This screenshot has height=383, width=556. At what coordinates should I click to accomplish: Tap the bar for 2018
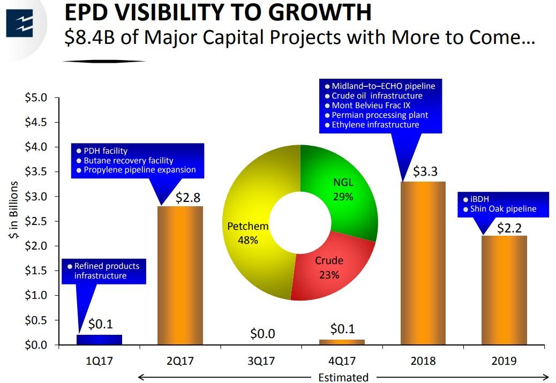pyautogui.click(x=423, y=262)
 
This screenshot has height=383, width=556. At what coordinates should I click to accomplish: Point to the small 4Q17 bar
pyautogui.click(x=342, y=342)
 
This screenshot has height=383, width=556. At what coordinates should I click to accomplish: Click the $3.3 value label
pyautogui.click(x=425, y=171)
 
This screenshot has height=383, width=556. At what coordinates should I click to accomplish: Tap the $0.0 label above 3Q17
pyautogui.click(x=262, y=334)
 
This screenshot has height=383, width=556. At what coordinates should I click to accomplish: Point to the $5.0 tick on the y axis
pyautogui.click(x=36, y=98)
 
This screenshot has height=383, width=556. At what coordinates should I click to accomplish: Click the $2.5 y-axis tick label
pyautogui.click(x=36, y=221)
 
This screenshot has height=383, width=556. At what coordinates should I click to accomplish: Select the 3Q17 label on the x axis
pyautogui.click(x=261, y=361)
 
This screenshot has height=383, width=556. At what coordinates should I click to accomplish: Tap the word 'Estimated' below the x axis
pyautogui.click(x=343, y=377)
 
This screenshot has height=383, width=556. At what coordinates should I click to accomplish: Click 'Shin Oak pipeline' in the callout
pyautogui.click(x=503, y=209)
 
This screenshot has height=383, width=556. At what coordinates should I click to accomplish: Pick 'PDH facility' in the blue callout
pyautogui.click(x=106, y=151)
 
